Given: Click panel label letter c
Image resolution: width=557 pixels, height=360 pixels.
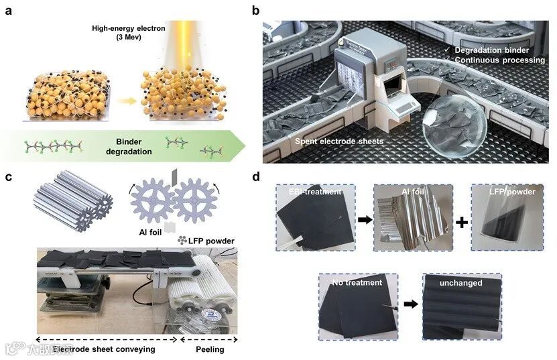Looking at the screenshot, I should [10, 177].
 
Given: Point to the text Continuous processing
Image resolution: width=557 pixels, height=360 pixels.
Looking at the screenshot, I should [499, 60].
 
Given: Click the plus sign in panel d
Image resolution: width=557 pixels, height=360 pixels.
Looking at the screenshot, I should [460, 220].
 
